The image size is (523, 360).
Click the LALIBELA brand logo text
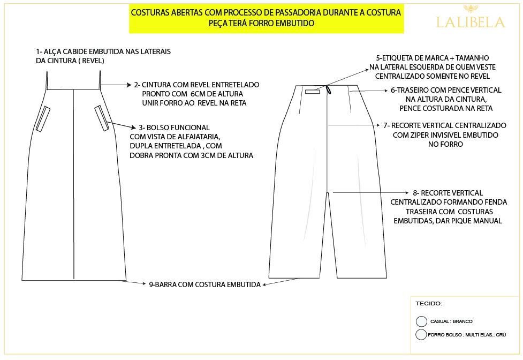click(x=471, y=22)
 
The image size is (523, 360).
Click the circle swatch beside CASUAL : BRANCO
click(x=421, y=321)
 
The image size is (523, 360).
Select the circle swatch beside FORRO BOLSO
click(x=421, y=335)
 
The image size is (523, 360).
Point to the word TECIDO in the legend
click(x=429, y=304)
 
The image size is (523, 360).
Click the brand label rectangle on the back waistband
click(x=312, y=92)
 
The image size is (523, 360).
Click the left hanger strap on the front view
click(x=47, y=80)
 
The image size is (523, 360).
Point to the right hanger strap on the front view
click(x=100, y=80)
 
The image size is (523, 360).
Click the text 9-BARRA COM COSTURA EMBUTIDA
click(x=204, y=285)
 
